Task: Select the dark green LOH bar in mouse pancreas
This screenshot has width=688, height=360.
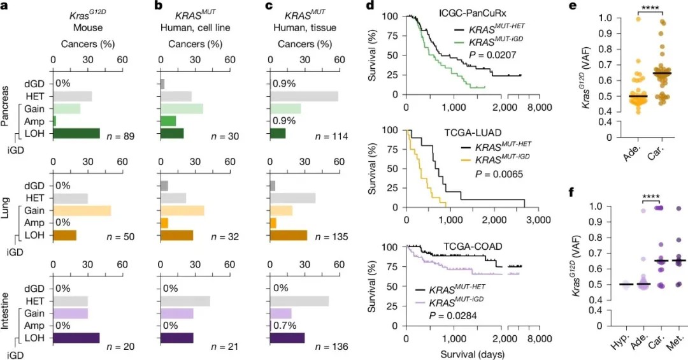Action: coord(76,133)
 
